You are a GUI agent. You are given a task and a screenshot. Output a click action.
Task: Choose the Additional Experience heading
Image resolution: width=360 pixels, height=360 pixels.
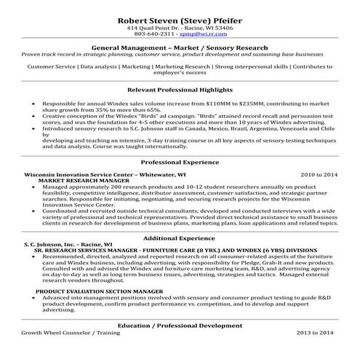[x=180, y=239]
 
